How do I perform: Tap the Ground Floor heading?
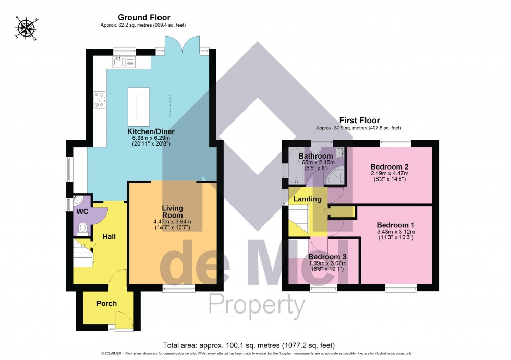coord(144,18)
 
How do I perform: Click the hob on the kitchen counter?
coord(100,99)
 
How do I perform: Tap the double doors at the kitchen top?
coord(182,46)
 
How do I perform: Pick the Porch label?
coord(106,303)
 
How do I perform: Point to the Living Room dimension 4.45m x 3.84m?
coord(172,221)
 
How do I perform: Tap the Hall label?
coord(108,237)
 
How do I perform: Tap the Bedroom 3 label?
coord(326,257)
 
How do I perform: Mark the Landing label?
coord(307,199)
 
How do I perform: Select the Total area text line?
coord(248,345)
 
